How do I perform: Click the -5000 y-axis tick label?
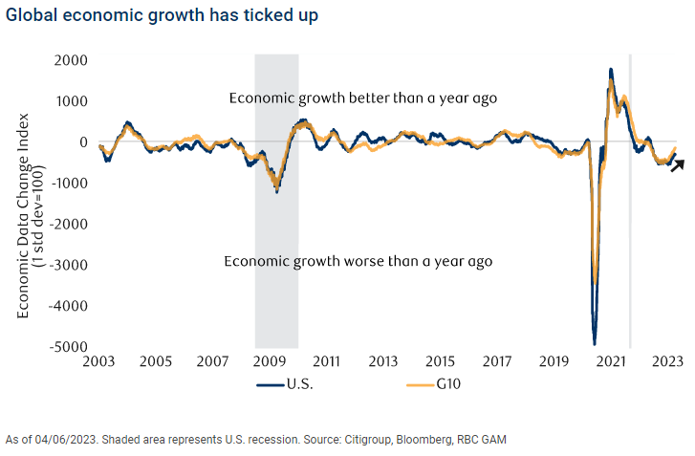(70, 347)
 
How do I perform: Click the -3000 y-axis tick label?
(70, 265)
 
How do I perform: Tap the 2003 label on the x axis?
(99, 363)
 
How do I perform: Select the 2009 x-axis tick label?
(270, 363)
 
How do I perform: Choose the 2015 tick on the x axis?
(440, 363)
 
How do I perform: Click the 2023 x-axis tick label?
(666, 363)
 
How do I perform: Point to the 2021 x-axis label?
(610, 363)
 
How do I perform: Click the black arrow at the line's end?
(677, 165)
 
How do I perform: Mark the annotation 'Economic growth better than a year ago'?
(362, 98)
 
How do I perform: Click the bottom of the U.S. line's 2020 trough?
(595, 343)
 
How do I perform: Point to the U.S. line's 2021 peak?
(610, 70)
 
